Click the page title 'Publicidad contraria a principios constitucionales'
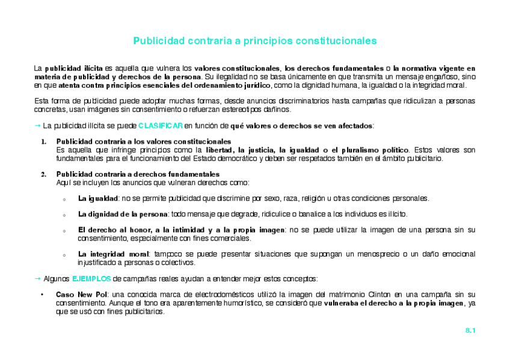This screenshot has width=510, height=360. [x=254, y=41]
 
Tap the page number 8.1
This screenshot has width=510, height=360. [x=470, y=331]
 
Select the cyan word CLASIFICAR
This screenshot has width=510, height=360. [x=160, y=126]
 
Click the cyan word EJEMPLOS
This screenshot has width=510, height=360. [x=91, y=278]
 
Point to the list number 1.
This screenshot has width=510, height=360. [x=43, y=142]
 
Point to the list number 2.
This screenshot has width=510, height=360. [x=43, y=174]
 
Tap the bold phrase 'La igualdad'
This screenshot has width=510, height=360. [x=98, y=198]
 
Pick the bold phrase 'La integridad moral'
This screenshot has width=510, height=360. [x=113, y=254]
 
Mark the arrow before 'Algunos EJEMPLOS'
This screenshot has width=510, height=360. [x=37, y=278]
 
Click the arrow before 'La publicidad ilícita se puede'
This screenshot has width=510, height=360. [x=37, y=126]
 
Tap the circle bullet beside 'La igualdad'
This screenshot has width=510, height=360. [x=64, y=199]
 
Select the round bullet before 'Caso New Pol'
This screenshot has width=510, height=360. [x=41, y=295]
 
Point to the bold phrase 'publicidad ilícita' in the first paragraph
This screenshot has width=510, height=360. [x=75, y=69]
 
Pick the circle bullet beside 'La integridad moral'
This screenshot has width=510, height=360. [x=64, y=255]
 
